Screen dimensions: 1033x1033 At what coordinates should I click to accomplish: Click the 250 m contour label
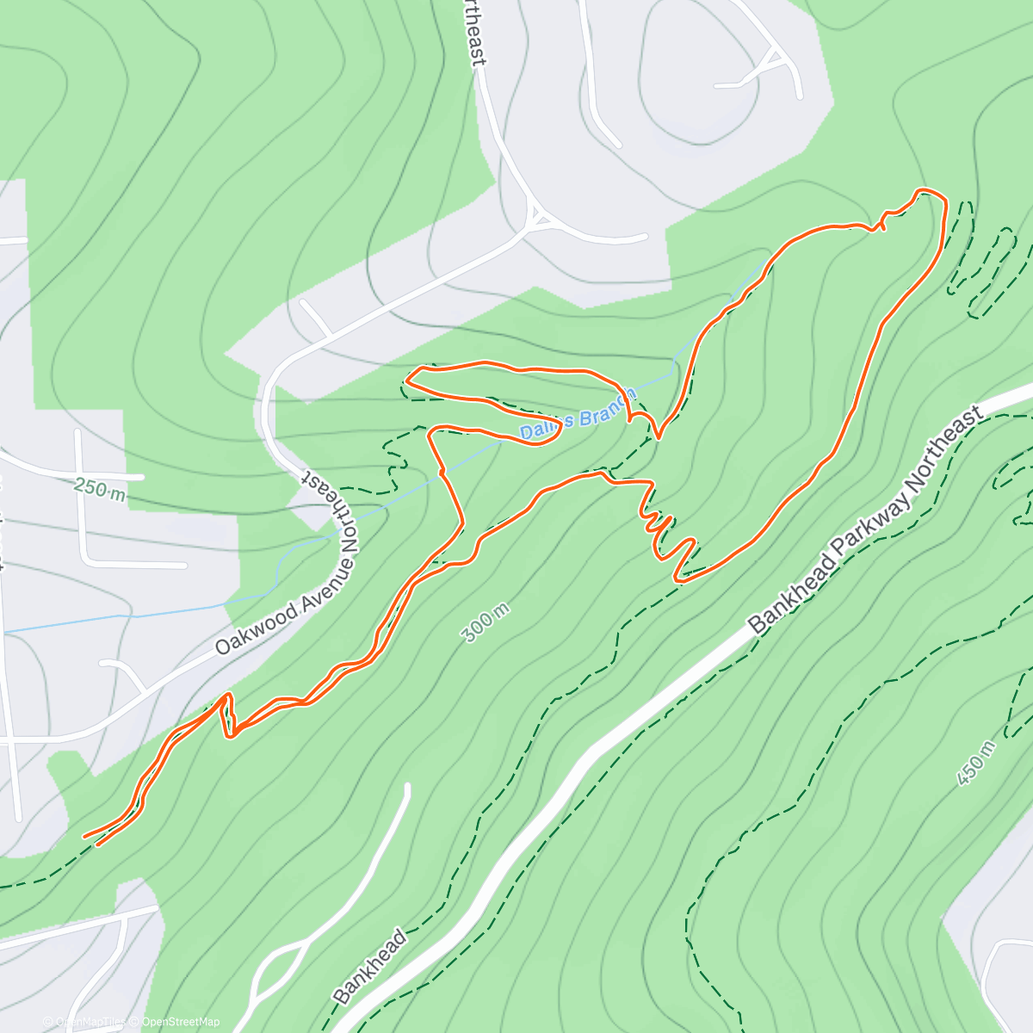click(100, 490)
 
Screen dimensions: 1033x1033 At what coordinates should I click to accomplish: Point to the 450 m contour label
click(976, 762)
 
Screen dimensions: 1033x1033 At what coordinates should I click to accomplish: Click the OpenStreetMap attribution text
click(181, 1022)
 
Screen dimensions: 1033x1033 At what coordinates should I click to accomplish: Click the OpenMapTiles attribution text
click(90, 1022)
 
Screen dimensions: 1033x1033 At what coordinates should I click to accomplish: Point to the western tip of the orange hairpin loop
click(407, 380)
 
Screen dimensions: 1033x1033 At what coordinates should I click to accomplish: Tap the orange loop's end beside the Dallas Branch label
click(558, 430)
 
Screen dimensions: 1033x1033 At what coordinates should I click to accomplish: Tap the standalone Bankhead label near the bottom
click(369, 967)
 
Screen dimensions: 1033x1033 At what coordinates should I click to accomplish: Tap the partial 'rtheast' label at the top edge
click(475, 33)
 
